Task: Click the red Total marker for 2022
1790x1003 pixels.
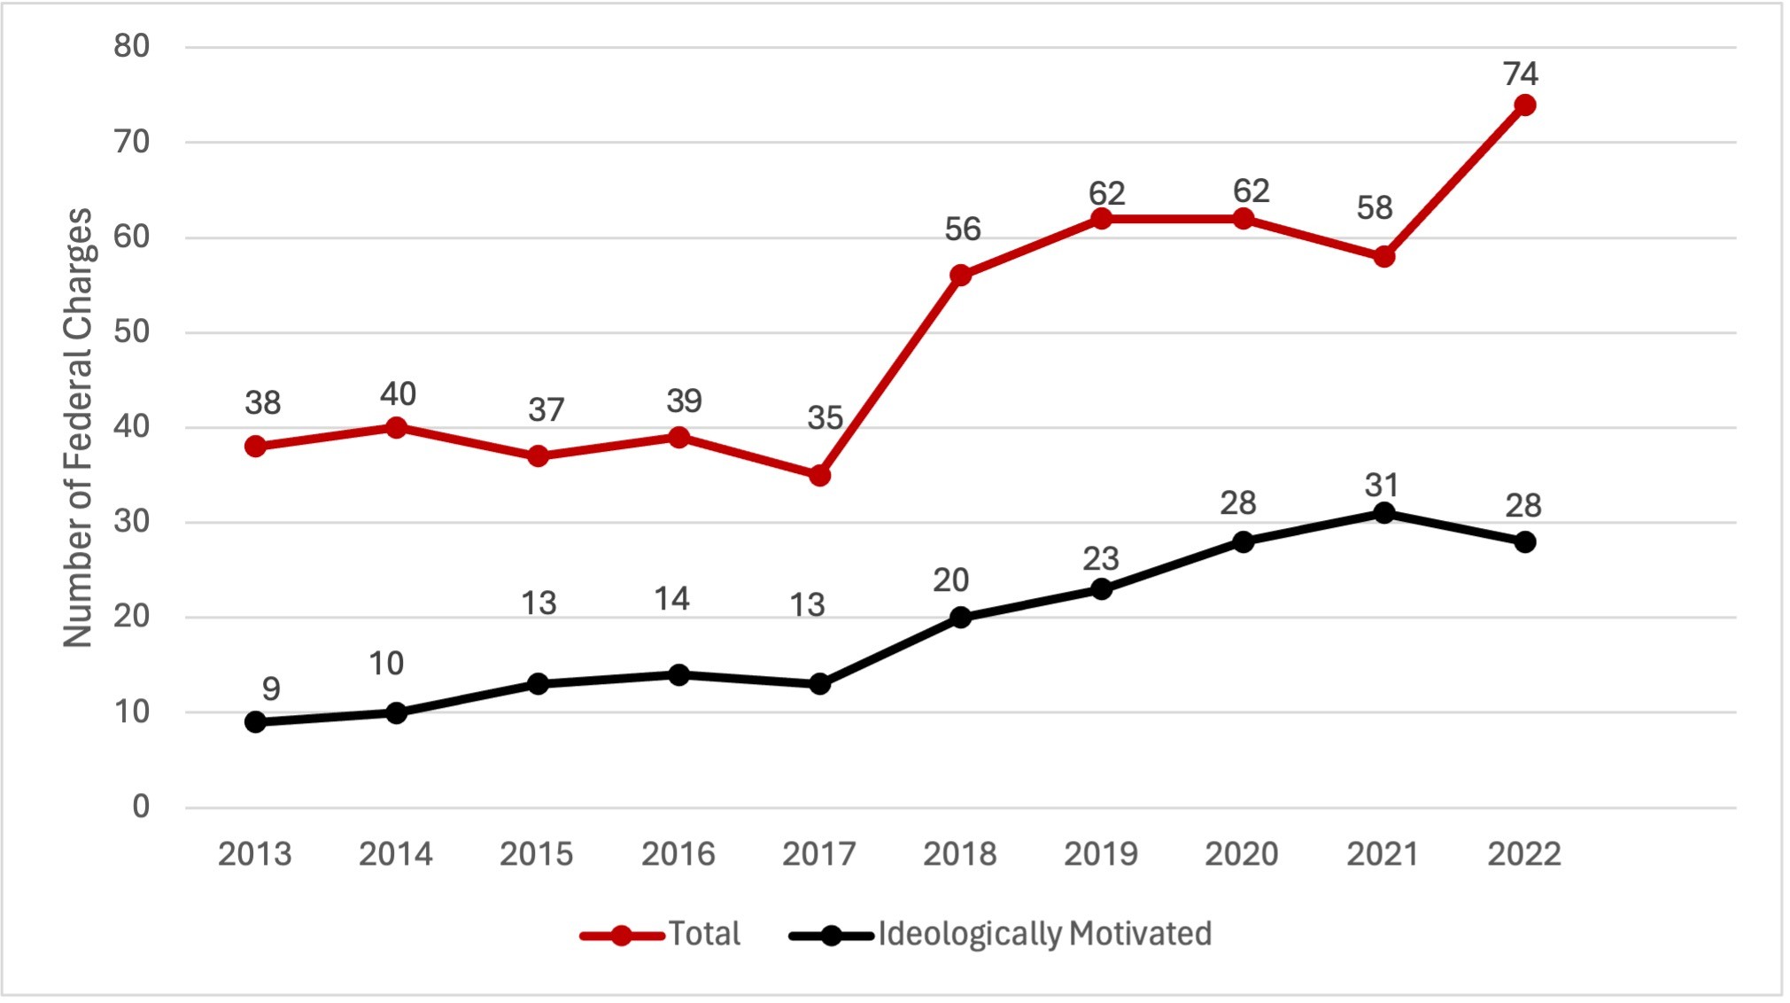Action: (x=1524, y=105)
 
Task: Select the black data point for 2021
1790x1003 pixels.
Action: (x=1383, y=513)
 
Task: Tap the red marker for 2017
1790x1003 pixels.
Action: (x=819, y=476)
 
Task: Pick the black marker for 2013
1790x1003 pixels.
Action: (x=255, y=722)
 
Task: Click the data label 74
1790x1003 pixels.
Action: (x=1521, y=74)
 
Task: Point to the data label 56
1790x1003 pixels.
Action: (x=962, y=229)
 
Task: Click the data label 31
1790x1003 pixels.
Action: (x=1382, y=486)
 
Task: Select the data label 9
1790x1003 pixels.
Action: (x=271, y=688)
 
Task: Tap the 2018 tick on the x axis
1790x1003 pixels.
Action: (x=959, y=854)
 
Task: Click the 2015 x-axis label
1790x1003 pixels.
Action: (x=536, y=854)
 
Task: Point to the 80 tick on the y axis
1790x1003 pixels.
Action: (x=132, y=46)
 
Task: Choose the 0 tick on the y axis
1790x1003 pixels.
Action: (x=141, y=806)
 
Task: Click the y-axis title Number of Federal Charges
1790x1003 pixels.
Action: (x=78, y=428)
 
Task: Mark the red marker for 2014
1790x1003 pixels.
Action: (x=396, y=428)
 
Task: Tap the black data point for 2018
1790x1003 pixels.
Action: (x=960, y=618)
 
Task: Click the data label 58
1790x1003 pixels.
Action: (x=1375, y=208)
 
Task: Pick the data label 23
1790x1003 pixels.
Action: (x=1101, y=559)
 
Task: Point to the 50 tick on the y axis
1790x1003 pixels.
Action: (x=132, y=332)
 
